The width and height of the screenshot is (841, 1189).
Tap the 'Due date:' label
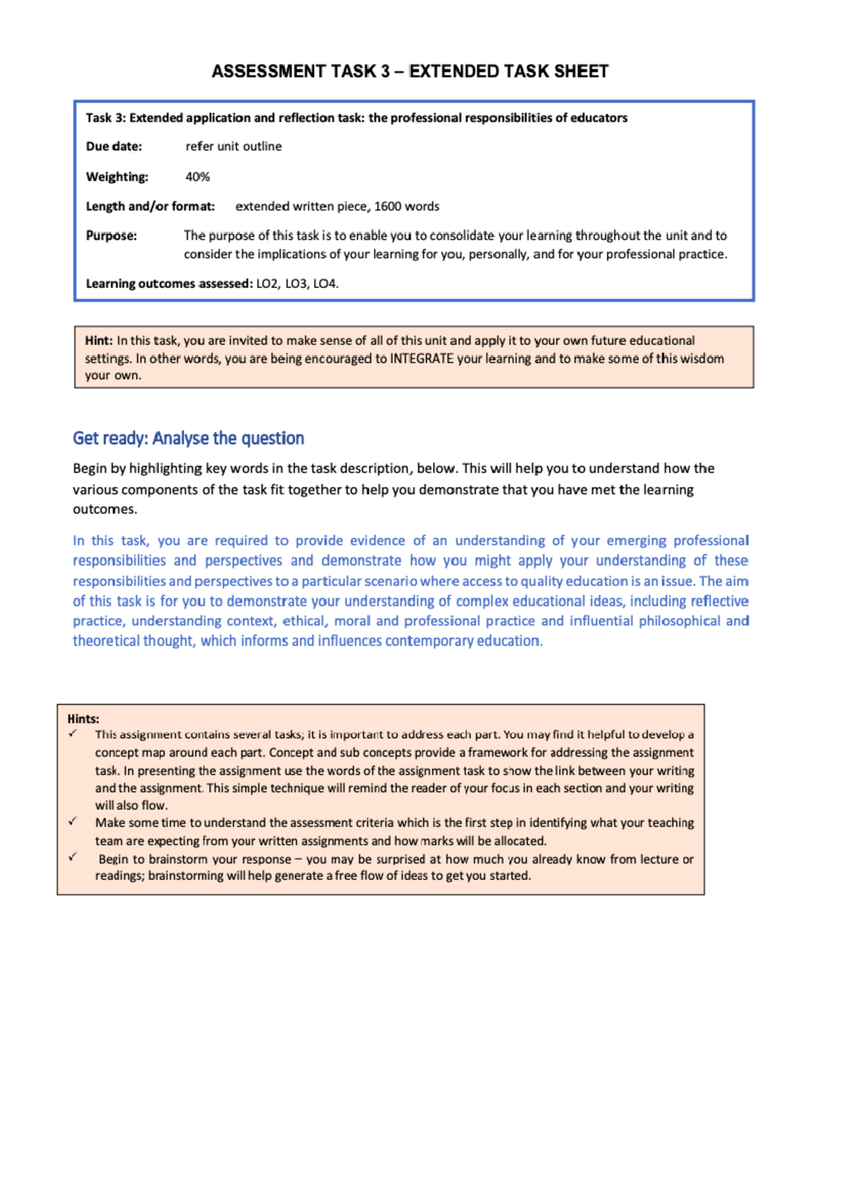(x=114, y=147)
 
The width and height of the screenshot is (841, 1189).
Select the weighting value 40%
(x=198, y=177)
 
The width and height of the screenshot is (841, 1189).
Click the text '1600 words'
(x=406, y=206)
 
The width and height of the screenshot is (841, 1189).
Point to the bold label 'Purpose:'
(x=111, y=236)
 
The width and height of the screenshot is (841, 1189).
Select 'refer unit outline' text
(x=233, y=147)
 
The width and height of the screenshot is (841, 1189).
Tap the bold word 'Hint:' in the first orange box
(x=99, y=341)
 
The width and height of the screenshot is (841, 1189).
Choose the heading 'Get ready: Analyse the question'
(x=188, y=438)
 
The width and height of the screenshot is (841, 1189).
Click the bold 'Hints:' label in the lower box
(x=83, y=719)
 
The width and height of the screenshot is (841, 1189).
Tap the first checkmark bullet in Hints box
(x=72, y=733)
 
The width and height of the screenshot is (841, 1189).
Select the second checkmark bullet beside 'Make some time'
(x=72, y=821)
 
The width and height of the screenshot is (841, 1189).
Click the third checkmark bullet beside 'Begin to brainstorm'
(x=72, y=857)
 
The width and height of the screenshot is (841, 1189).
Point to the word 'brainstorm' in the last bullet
(x=178, y=859)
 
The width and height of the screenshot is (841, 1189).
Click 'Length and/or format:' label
(x=150, y=206)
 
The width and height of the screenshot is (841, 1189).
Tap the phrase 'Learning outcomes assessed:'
(x=169, y=284)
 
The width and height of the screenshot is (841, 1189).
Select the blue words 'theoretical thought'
(x=133, y=641)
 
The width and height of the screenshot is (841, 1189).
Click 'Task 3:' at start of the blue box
(x=105, y=118)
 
